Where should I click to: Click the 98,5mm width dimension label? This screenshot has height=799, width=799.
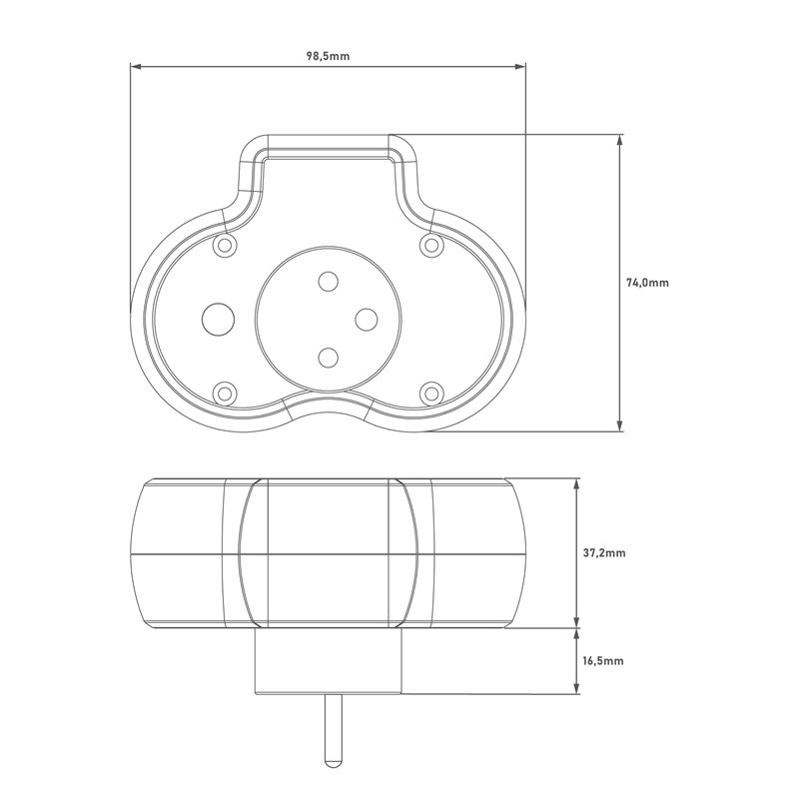coord(328,56)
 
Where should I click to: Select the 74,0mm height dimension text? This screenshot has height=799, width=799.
coord(647,283)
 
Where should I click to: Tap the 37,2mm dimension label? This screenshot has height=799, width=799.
coord(604,553)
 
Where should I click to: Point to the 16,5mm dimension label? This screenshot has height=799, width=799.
coord(603,661)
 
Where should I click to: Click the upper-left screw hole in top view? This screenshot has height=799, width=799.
coord(224,245)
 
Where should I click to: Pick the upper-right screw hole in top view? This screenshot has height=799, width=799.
coord(431,245)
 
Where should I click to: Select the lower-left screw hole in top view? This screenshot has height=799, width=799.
coord(224,394)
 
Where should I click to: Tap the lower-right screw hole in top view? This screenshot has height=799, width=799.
coord(431,394)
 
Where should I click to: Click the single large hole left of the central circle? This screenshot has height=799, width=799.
coord(218,320)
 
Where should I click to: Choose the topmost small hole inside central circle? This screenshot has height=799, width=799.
coord(329,282)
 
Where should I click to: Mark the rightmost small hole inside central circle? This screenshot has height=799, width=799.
coord(367,320)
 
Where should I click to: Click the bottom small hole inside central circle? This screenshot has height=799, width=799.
coord(329,358)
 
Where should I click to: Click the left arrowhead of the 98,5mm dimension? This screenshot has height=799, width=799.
coord(135,66)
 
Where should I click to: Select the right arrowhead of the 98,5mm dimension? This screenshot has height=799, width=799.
coord(520,66)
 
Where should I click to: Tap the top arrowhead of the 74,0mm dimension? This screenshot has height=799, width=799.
coord(619,140)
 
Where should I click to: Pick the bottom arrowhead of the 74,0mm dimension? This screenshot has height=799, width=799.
coord(619,426)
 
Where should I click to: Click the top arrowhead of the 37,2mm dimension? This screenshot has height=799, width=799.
coord(576,483)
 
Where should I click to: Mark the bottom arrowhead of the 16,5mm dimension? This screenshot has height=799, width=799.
coord(576,688)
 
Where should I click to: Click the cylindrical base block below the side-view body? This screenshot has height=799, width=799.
coord(329,661)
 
